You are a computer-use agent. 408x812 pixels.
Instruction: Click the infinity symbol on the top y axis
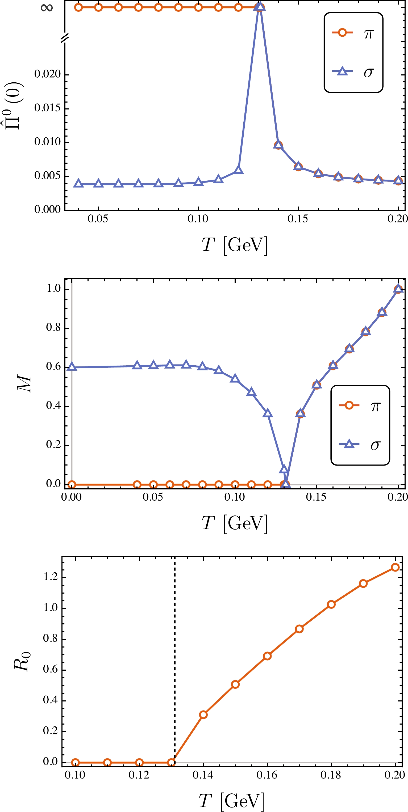[x=47, y=7]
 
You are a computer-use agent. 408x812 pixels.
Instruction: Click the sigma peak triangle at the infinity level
[x=259, y=7]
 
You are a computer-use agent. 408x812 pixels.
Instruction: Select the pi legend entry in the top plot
[x=353, y=33]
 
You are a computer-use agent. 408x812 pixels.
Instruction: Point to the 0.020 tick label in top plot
[x=47, y=74]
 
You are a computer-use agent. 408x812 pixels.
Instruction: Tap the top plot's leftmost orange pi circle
[x=78, y=7]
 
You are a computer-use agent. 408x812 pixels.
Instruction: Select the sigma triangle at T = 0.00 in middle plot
[x=72, y=367]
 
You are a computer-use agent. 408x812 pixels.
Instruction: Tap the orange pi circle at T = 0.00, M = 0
[x=72, y=484]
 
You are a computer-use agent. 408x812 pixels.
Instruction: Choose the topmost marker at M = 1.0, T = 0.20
[x=398, y=289]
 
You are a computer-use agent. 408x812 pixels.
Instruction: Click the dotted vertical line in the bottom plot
[x=174, y=662]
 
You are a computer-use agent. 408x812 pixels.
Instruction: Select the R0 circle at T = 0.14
[x=203, y=714]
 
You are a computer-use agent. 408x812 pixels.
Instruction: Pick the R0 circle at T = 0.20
[x=395, y=567]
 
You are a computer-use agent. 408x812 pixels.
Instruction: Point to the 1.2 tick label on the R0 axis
[x=51, y=577]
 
